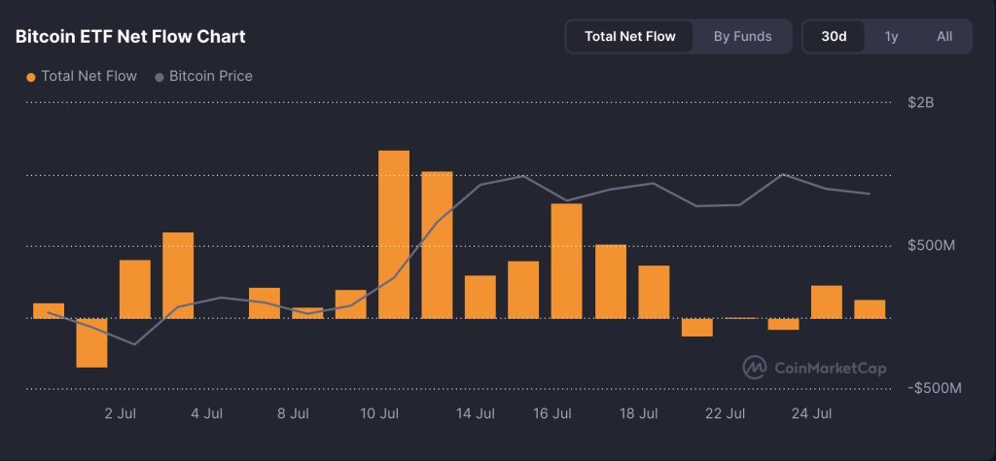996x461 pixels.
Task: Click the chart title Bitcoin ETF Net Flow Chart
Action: pyautogui.click(x=130, y=37)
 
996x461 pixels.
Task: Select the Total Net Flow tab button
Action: pyautogui.click(x=629, y=37)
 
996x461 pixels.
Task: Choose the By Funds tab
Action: pyautogui.click(x=742, y=37)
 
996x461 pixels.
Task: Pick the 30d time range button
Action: pyautogui.click(x=834, y=37)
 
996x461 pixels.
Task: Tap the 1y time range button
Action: pyautogui.click(x=891, y=37)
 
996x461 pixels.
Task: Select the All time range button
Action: pyautogui.click(x=943, y=37)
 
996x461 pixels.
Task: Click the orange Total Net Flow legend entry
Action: pyautogui.click(x=82, y=76)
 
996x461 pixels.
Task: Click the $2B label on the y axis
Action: pyautogui.click(x=920, y=102)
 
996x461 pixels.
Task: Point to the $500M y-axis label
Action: pyautogui.click(x=932, y=245)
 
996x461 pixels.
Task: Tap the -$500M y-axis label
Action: pyautogui.click(x=935, y=388)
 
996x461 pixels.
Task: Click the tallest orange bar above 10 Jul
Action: pyautogui.click(x=394, y=233)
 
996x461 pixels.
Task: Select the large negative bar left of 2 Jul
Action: pyautogui.click(x=91, y=342)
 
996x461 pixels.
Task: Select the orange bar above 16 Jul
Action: pyautogui.click(x=566, y=260)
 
